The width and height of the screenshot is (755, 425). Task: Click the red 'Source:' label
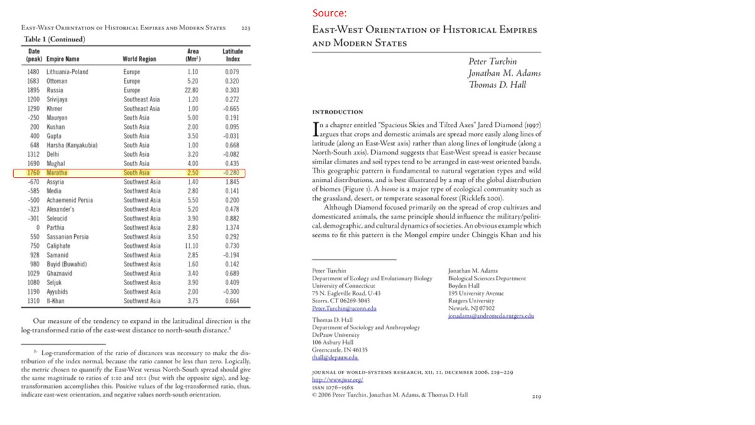329,13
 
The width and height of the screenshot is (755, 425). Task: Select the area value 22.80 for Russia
193,90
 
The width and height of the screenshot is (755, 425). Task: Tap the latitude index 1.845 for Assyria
232,182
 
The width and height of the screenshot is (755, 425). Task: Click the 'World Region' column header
139,59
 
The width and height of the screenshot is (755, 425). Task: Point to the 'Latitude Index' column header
233,55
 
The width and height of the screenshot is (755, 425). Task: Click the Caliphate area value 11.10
193,246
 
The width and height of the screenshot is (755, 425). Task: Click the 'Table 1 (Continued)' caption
53,39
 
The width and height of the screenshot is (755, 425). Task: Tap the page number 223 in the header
245,28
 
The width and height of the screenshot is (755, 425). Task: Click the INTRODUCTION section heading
337,112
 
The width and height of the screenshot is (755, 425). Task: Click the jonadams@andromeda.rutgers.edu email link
491,316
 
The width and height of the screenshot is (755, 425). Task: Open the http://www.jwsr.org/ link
338,381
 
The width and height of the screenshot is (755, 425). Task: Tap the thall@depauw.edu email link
335,358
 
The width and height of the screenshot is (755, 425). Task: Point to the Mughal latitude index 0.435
232,164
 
